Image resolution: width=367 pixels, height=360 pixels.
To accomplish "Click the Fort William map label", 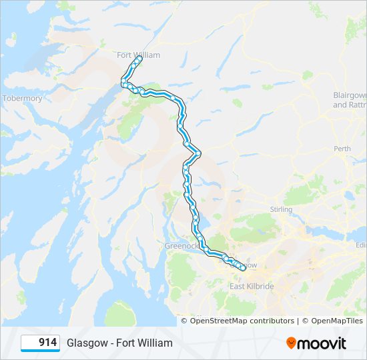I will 138,55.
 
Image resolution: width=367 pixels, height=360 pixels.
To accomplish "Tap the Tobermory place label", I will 23,99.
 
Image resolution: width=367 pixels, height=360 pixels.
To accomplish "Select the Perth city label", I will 342,149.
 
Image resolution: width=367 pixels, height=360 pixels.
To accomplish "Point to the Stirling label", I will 281,209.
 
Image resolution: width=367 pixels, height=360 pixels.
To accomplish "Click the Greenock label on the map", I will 181,246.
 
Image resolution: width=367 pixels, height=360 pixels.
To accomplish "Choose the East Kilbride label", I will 252,286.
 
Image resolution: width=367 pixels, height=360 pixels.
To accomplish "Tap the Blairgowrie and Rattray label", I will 350,100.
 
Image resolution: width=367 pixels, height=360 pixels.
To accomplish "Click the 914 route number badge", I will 40,343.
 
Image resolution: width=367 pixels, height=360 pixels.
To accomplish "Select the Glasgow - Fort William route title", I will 119,343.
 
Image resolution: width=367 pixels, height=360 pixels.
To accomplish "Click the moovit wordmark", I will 322,343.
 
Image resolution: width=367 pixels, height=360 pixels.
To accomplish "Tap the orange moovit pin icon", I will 292,343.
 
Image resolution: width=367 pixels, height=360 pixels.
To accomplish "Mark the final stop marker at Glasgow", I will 242,269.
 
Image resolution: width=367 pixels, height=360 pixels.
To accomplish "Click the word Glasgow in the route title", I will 86,343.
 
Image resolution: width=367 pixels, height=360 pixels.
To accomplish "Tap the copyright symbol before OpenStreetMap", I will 185,321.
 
